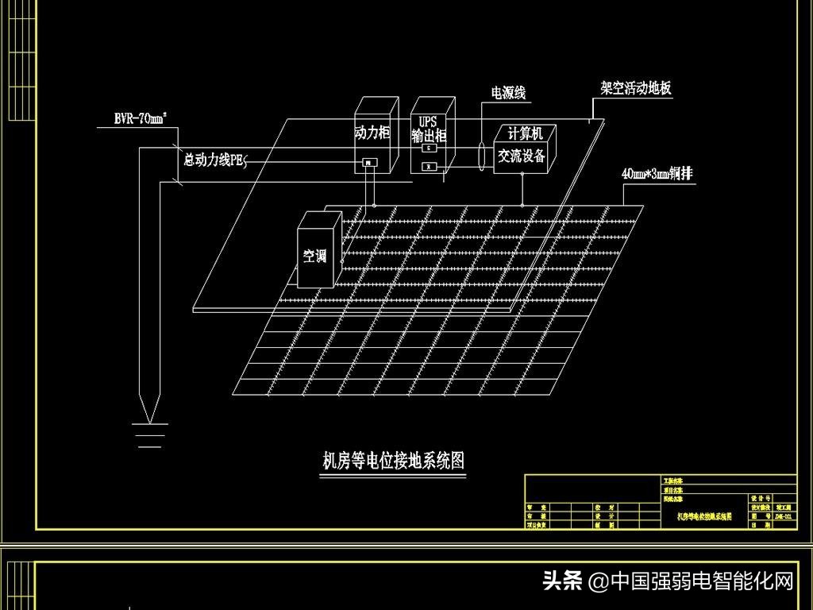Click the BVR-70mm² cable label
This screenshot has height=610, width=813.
coord(141,120)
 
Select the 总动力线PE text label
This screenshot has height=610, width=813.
coord(212,160)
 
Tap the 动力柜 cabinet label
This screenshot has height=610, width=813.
coord(372,133)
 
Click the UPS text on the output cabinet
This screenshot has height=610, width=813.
coord(428,122)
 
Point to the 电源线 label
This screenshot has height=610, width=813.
coord(508,94)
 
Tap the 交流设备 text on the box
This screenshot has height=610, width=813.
coord(522,156)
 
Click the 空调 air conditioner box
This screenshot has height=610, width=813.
coord(314,256)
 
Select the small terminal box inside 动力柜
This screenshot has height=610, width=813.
coord(369,164)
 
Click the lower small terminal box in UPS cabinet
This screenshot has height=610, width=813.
coord(429,166)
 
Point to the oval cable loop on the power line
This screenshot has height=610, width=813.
coord(482,156)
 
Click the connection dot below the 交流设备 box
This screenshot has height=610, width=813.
coord(522,205)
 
